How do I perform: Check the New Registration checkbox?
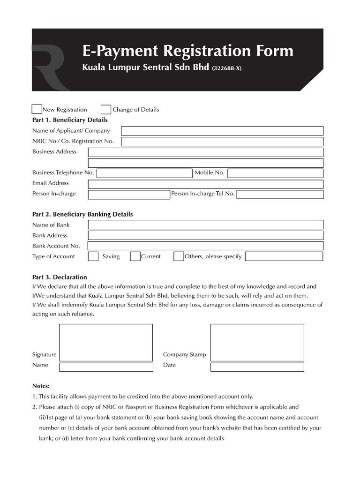pyautogui.click(x=37, y=109)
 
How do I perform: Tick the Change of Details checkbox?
pyautogui.click(x=106, y=109)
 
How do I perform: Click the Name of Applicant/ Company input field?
pyautogui.click(x=222, y=131)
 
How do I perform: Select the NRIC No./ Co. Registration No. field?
pyautogui.click(x=222, y=142)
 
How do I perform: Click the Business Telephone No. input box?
pyautogui.click(x=144, y=173)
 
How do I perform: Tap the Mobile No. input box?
pyautogui.click(x=275, y=173)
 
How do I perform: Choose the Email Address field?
pyautogui.click(x=205, y=184)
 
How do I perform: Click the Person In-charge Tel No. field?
pyautogui.click(x=279, y=195)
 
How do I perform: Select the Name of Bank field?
pyautogui.click(x=205, y=225)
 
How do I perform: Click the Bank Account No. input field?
pyautogui.click(x=205, y=246)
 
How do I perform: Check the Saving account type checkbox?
pyautogui.click(x=93, y=256)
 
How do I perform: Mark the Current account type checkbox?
pyautogui.click(x=135, y=256)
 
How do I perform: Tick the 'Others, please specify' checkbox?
pyautogui.click(x=179, y=256)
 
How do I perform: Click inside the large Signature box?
pyautogui.click(x=105, y=342)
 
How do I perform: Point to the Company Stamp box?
pyautogui.click(x=257, y=342)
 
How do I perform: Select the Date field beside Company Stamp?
pyautogui.click(x=257, y=367)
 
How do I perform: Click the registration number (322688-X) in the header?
pyautogui.click(x=227, y=68)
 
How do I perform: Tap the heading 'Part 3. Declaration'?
pyautogui.click(x=60, y=277)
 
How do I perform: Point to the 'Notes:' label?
pyautogui.click(x=41, y=386)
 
